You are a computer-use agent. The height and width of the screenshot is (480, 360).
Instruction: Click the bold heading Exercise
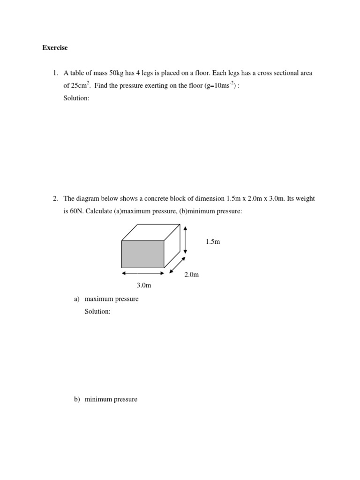click(x=55, y=47)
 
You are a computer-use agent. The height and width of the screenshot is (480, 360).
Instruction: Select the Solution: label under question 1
click(x=76, y=98)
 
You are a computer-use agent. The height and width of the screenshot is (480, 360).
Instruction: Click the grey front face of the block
click(x=142, y=254)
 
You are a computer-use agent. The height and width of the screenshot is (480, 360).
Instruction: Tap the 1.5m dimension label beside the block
click(x=212, y=241)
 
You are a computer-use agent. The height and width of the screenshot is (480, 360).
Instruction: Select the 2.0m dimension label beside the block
click(x=191, y=274)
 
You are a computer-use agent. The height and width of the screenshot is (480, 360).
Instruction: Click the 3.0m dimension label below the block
click(x=143, y=285)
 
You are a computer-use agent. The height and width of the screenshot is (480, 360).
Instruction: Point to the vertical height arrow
click(x=186, y=239)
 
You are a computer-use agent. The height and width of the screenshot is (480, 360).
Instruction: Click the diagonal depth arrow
click(x=177, y=265)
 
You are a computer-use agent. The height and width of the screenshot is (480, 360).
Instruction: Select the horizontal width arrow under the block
click(x=142, y=273)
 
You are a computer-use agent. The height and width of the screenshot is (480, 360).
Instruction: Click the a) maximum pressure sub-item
click(x=112, y=299)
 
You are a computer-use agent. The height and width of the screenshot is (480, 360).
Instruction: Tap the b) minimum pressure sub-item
click(x=111, y=399)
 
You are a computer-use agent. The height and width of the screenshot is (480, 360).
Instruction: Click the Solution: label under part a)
click(x=97, y=311)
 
